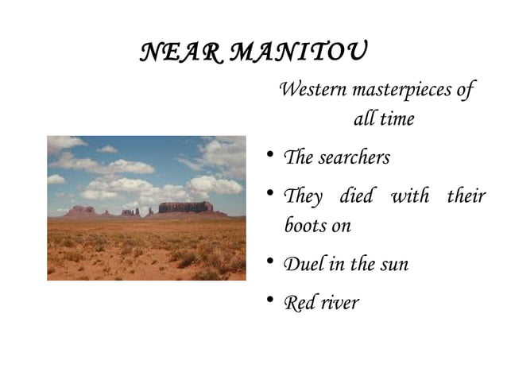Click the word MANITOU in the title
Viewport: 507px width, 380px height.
pyautogui.click(x=299, y=53)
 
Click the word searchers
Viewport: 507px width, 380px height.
pyautogui.click(x=354, y=157)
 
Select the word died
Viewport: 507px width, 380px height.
pyautogui.click(x=355, y=196)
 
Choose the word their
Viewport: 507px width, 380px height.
pyautogui.click(x=466, y=196)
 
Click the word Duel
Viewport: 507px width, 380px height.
pyautogui.click(x=302, y=264)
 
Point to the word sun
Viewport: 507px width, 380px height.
pyautogui.click(x=393, y=265)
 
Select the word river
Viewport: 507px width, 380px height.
pyautogui.click(x=340, y=302)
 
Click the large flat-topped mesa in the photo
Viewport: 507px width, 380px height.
pyautogui.click(x=185, y=207)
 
